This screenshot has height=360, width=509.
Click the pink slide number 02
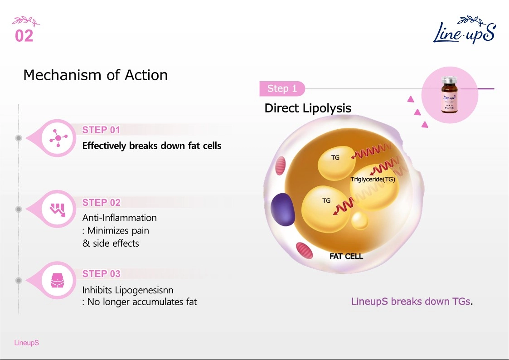(24, 36)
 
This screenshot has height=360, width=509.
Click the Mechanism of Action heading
(96, 75)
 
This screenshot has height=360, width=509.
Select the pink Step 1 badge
(282, 88)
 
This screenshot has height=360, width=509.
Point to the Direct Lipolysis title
(308, 108)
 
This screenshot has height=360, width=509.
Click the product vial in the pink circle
(449, 94)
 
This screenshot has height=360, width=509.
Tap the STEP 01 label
(101, 130)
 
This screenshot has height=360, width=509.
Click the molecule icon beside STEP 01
(58, 138)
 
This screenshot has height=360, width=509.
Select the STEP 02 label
(101, 203)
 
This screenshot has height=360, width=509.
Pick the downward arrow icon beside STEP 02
(58, 209)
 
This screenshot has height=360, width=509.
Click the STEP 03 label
(101, 274)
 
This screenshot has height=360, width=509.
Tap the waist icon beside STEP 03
(58, 280)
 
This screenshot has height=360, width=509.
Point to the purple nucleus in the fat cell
(283, 209)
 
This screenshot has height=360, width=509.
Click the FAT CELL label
(346, 256)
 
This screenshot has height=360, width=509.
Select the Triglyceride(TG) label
(373, 179)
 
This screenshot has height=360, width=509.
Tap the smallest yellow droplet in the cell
(359, 221)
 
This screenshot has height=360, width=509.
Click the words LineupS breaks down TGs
(412, 302)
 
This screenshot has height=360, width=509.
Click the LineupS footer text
(27, 343)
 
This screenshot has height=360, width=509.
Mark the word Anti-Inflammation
(120, 218)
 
